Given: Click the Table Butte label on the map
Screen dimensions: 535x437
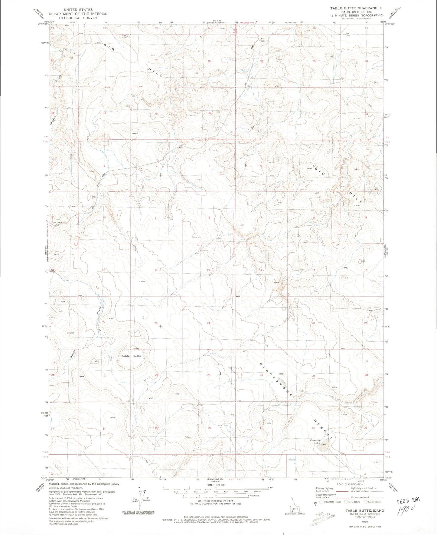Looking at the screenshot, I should (131, 356).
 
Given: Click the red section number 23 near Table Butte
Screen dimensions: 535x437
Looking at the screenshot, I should (156, 323).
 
